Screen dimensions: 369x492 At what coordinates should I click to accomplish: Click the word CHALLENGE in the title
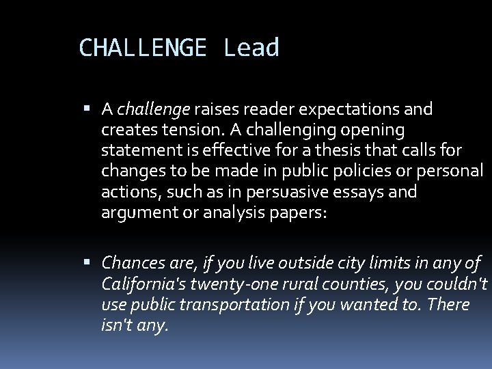pos(142,48)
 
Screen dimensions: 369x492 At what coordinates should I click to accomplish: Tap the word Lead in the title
pos(251,48)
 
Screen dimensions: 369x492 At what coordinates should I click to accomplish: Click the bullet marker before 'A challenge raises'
pos(91,109)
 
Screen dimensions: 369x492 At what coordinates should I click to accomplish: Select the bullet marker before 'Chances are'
pos(91,262)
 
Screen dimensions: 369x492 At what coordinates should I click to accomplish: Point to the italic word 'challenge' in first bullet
pos(154,109)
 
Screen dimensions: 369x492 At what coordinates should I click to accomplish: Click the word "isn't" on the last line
pos(117,325)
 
